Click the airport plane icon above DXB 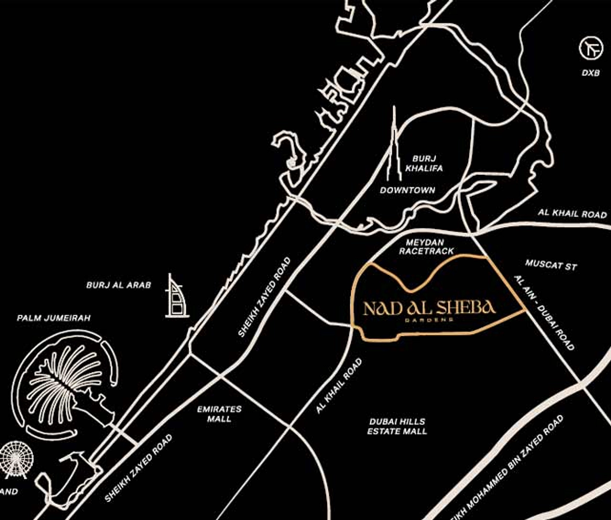591,48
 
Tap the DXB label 590,73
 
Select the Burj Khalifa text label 424,163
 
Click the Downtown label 407,190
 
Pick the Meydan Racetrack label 426,246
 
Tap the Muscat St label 551,265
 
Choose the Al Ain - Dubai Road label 544,313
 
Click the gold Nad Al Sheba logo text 429,307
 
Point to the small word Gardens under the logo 429,320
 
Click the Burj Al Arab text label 119,285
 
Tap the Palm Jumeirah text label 54,318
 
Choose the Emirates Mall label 219,414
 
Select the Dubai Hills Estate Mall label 397,426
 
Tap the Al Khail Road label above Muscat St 572,214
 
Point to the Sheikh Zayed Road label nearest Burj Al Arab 264,297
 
